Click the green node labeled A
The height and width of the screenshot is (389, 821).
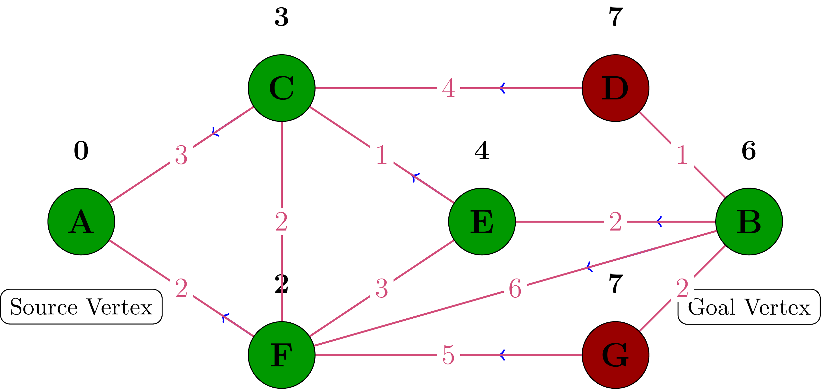pos(81,222)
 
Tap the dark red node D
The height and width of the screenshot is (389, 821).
pos(615,88)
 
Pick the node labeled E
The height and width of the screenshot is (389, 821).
pos(482,222)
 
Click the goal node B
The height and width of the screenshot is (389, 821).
pos(749,222)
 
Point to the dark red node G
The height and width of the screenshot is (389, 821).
pos(615,355)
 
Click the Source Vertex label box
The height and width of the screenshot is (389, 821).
pos(81,307)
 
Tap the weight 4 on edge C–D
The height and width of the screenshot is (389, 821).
pos(448,88)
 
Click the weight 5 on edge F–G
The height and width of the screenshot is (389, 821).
pos(448,355)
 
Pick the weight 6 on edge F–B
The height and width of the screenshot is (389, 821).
pos(515,289)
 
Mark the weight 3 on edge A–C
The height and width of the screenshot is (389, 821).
pos(181,155)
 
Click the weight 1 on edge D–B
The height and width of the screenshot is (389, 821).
pos(682,155)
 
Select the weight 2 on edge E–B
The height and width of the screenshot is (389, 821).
pos(615,222)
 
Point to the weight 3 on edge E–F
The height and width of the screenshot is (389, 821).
pos(381,289)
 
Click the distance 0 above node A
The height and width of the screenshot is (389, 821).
pos(81,151)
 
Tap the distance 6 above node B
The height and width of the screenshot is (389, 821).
pos(749,151)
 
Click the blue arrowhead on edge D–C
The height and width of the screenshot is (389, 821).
pos(502,88)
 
